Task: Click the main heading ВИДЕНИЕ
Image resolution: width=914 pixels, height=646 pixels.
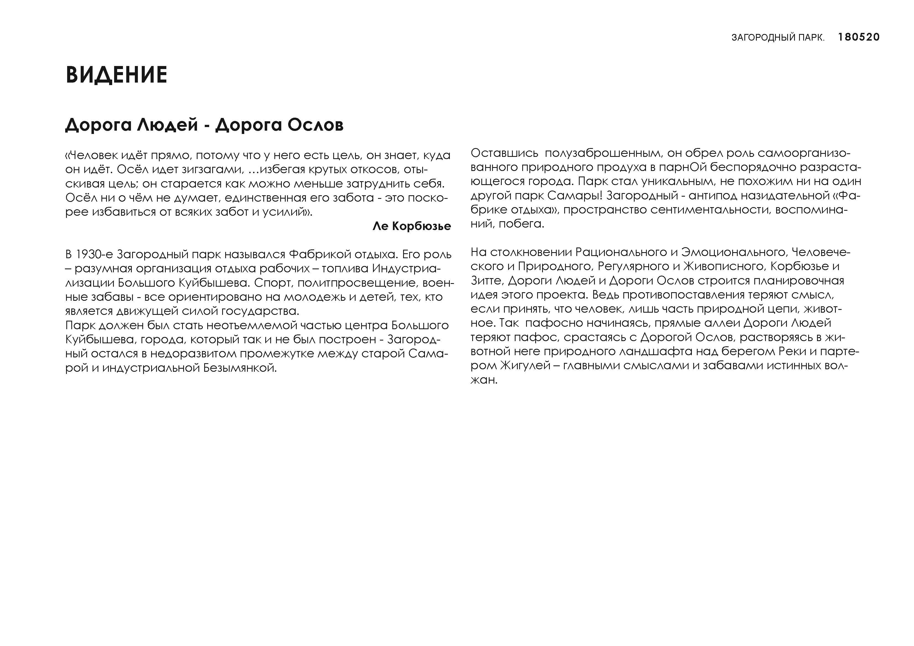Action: point(116,75)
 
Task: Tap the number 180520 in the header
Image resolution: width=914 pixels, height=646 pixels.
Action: point(859,37)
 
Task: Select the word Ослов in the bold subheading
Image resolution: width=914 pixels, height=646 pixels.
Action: point(315,125)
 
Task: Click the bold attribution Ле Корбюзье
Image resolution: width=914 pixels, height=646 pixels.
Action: point(412,226)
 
